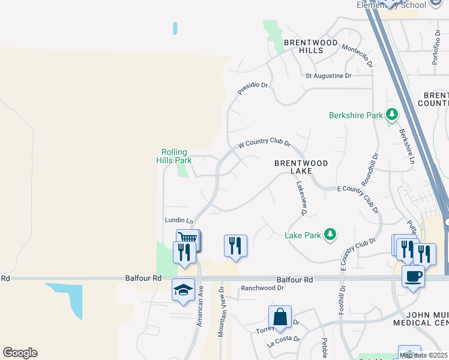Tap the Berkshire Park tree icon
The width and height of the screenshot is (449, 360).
coord(392,114)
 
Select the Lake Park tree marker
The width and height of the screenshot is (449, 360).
coord(330,235)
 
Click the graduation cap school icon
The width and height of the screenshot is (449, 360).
coord(183,290)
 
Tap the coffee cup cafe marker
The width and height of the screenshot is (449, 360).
coord(413,277)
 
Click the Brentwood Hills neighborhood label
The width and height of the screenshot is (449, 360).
coord(303,46)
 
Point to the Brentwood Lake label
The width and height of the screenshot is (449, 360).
coord(301,167)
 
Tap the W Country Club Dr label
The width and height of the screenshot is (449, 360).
coord(264,145)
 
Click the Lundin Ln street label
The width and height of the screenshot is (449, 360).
coord(178,220)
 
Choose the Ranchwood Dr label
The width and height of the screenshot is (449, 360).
coord(262,288)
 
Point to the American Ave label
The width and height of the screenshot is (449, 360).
coord(200,306)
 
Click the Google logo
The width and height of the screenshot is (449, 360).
coord(20,353)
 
